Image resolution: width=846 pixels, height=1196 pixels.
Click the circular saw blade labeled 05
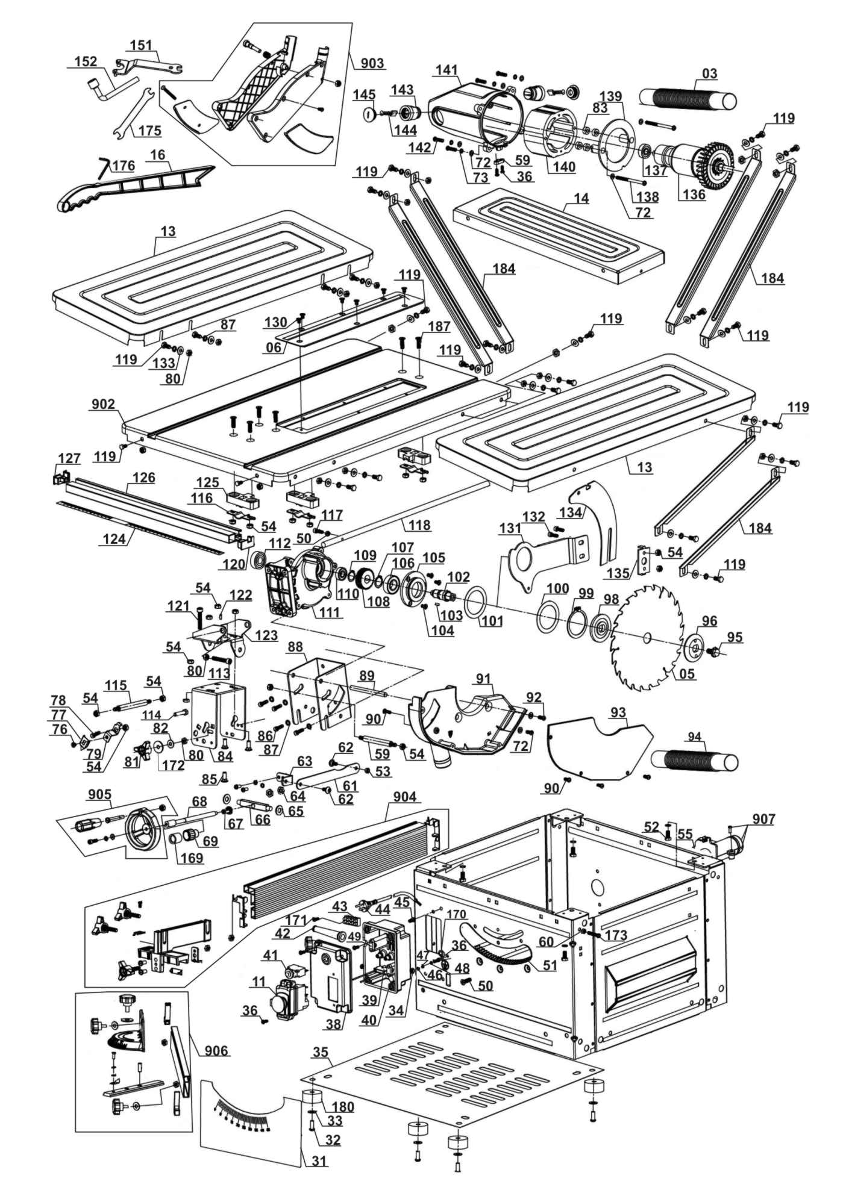pyautogui.click(x=645, y=638)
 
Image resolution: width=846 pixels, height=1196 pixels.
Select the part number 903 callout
pyautogui.click(x=373, y=63)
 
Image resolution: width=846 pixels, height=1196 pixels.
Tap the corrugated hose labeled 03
pyautogui.click(x=687, y=99)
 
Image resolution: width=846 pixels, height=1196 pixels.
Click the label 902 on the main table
pyautogui.click(x=103, y=404)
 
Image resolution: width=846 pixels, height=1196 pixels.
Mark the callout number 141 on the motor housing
pyautogui.click(x=446, y=70)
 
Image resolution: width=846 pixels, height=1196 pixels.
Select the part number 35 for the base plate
pyautogui.click(x=321, y=1052)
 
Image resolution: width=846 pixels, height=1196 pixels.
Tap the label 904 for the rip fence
pyautogui.click(x=404, y=797)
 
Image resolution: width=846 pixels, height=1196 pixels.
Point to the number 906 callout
pyautogui.click(x=216, y=1051)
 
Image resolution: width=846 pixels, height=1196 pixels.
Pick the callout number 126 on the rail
pyautogui.click(x=144, y=478)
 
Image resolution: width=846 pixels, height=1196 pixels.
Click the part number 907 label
pyautogui.click(x=763, y=819)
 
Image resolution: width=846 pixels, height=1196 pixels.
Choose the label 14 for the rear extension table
pyautogui.click(x=581, y=198)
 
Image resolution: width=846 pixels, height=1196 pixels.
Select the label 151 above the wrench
pyautogui.click(x=141, y=45)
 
